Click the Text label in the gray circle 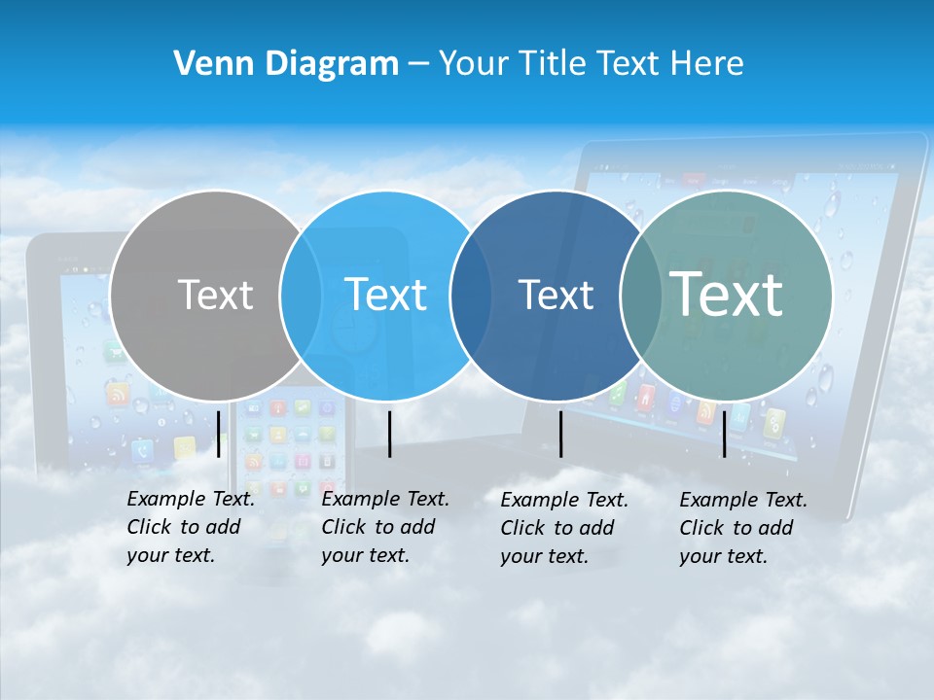215,295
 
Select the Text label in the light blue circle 385,295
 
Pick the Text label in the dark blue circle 556,295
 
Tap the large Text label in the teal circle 727,294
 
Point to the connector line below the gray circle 218,434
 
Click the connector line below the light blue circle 389,434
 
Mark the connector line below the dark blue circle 560,434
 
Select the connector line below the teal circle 724,434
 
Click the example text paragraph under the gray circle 190,527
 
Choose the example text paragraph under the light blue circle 384,527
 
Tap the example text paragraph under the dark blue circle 563,528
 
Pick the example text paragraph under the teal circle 742,528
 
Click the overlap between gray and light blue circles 301,296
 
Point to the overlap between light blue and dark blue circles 471,296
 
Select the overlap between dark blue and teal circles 640,296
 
